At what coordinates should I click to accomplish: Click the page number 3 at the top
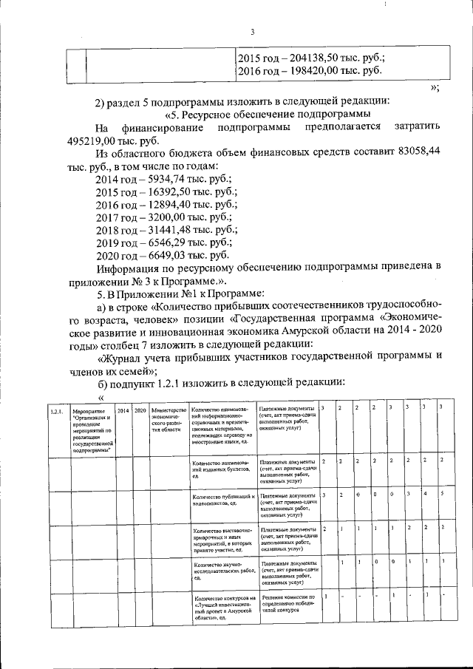tap(251, 31)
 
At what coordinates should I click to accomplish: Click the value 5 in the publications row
tap(441, 493)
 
